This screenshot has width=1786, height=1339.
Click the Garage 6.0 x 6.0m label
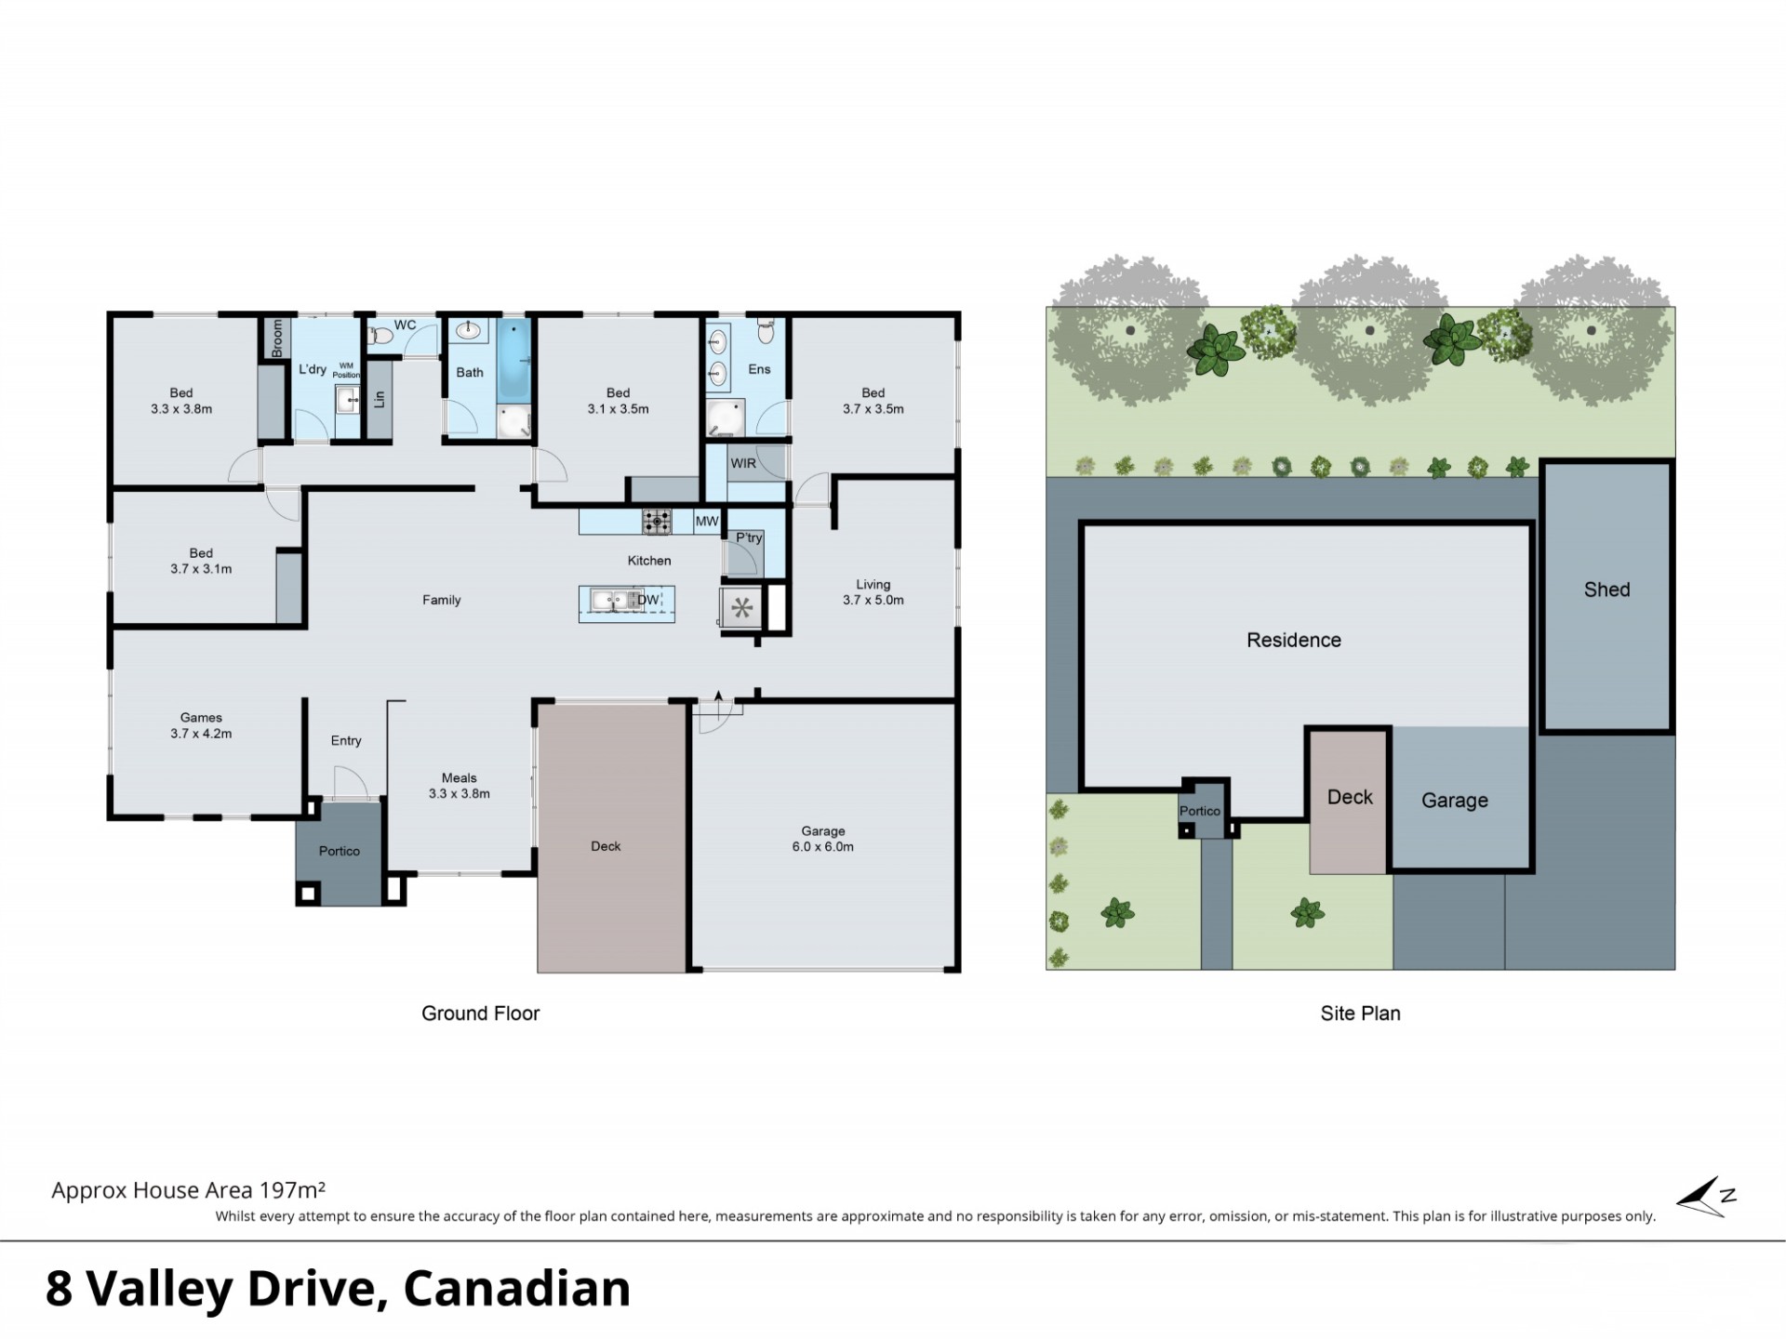click(822, 839)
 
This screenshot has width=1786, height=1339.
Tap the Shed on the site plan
click(1606, 595)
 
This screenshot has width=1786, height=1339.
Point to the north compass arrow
click(1706, 1198)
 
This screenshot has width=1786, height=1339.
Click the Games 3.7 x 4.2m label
click(201, 725)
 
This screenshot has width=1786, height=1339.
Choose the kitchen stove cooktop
click(657, 522)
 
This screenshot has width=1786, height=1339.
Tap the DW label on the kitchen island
click(647, 600)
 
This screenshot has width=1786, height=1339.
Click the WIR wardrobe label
click(743, 463)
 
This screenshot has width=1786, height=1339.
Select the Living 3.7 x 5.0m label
click(873, 592)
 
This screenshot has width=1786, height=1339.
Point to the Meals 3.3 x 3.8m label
click(459, 786)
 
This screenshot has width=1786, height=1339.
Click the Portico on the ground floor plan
click(339, 851)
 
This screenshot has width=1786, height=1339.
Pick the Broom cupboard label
click(277, 338)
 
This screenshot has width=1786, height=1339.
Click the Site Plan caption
click(1360, 1014)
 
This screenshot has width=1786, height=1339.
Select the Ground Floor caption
click(480, 1014)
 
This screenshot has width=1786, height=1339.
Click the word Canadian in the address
click(517, 1289)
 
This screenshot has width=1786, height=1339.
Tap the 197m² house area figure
click(292, 1189)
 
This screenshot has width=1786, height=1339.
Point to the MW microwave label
click(707, 521)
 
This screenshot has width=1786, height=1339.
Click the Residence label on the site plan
click(1294, 640)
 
